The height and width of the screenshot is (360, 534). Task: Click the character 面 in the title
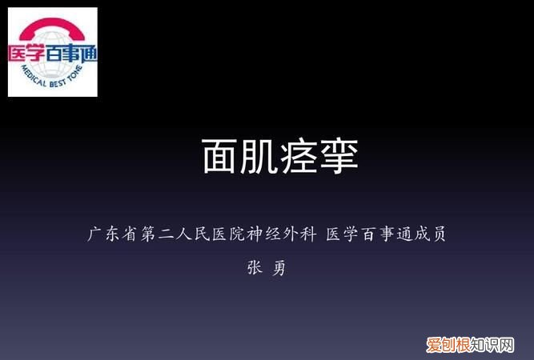click(x=220, y=156)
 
